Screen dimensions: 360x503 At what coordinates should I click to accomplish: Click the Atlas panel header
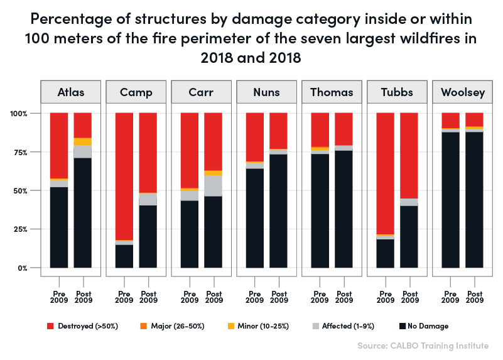(x=71, y=92)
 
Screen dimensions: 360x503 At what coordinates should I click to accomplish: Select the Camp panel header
(x=136, y=92)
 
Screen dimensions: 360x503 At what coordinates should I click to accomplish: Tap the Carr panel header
(x=202, y=92)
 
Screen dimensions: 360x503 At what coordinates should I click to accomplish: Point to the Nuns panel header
(x=266, y=92)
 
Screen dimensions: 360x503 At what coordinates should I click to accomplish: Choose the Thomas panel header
(x=332, y=92)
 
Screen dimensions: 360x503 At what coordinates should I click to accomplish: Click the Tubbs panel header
(x=397, y=92)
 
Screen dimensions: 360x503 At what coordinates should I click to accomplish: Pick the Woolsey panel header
(x=462, y=92)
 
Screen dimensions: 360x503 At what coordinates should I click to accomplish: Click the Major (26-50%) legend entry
(x=173, y=326)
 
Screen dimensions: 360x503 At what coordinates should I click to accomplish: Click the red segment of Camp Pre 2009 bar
(x=124, y=176)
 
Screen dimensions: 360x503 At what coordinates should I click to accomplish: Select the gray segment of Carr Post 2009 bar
(x=214, y=186)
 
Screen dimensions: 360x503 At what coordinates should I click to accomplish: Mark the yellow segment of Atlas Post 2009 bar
(x=83, y=141)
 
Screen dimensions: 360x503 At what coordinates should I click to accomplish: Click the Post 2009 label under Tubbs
(x=409, y=297)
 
